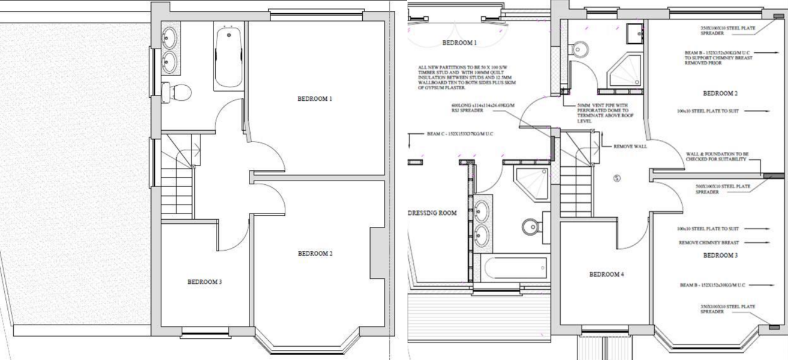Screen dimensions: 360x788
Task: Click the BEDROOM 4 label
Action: click(606, 275)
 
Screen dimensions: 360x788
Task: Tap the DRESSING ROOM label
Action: click(432, 213)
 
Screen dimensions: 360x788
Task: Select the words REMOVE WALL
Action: click(630, 146)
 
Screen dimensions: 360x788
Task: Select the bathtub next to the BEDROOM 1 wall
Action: click(228, 58)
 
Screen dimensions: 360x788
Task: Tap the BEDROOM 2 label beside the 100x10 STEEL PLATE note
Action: click(720, 94)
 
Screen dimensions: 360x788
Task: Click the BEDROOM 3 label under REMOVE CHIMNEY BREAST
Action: click(720, 256)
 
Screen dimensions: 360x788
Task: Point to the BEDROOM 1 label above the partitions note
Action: click(459, 43)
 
